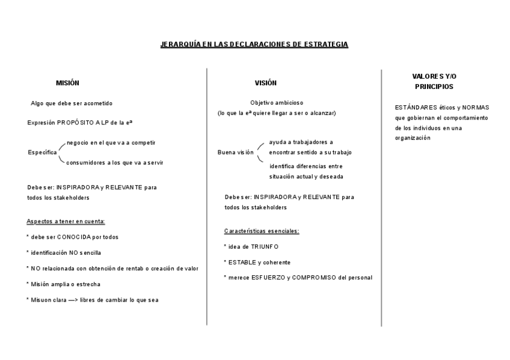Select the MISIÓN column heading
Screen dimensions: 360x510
67,83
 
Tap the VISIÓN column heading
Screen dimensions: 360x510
266,83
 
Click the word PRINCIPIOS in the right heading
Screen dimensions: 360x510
434,87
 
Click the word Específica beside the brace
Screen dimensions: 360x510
42,153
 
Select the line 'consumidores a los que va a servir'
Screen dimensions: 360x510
114,162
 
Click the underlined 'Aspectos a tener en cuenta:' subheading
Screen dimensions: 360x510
66,221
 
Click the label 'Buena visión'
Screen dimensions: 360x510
235,153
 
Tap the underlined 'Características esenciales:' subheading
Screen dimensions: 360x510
262,231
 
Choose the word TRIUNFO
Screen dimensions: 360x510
265,246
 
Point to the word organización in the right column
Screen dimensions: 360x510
413,138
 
